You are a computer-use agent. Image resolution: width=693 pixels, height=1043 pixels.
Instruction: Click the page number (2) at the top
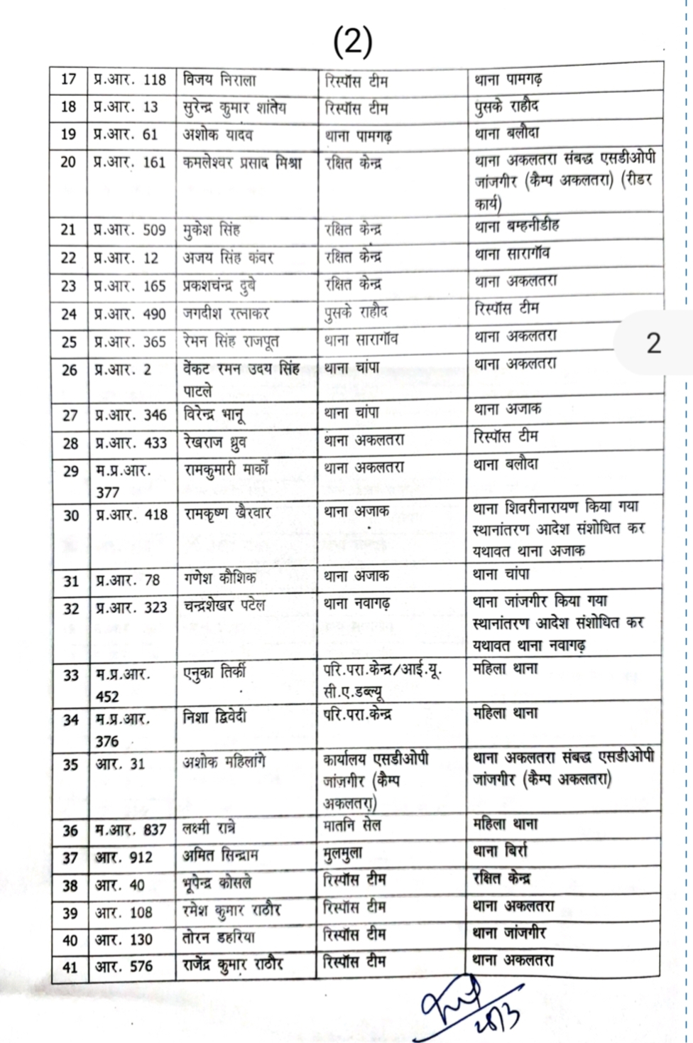(x=352, y=43)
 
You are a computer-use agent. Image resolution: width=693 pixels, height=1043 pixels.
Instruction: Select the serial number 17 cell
(x=69, y=80)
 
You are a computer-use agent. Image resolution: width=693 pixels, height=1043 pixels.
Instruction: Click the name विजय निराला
(x=219, y=80)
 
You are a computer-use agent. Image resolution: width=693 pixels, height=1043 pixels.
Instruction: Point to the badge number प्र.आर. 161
(x=130, y=163)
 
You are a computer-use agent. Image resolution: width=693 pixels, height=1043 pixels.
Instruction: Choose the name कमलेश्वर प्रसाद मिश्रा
(x=242, y=163)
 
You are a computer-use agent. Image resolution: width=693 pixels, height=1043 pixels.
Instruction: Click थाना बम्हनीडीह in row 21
(x=517, y=226)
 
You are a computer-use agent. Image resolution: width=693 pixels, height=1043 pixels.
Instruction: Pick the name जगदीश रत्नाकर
(x=227, y=313)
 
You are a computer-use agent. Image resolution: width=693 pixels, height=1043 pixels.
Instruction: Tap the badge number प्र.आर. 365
(x=130, y=342)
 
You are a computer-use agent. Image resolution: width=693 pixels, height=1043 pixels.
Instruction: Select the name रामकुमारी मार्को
(x=227, y=470)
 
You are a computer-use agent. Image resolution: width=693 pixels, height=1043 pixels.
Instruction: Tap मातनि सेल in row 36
(x=353, y=826)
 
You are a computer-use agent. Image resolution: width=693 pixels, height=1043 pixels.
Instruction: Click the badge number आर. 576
(x=124, y=967)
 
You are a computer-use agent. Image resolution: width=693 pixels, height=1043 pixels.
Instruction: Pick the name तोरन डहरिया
(x=219, y=938)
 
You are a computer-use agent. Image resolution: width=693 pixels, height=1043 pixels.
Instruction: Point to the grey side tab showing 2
(x=653, y=344)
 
